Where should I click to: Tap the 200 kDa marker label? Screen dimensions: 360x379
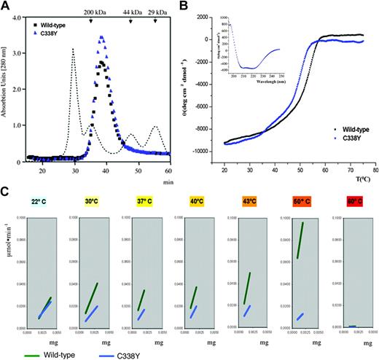(93, 13)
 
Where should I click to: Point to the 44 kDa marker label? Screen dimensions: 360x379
(132, 13)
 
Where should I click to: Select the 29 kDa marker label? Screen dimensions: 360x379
(157, 13)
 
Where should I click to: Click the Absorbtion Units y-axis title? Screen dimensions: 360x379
(7, 84)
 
